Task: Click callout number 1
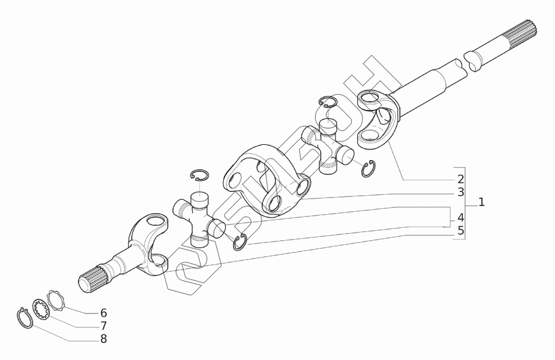tap(481, 202)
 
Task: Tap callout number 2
tap(461, 179)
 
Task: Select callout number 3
tap(461, 192)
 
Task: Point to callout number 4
tap(461, 217)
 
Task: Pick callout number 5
tap(461, 230)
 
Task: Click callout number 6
tap(103, 312)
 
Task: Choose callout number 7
tap(103, 326)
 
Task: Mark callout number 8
tap(103, 338)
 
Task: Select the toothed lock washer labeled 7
tap(41, 308)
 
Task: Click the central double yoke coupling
tap(266, 178)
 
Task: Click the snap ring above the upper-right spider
tap(329, 102)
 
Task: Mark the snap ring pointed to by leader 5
tap(240, 242)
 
